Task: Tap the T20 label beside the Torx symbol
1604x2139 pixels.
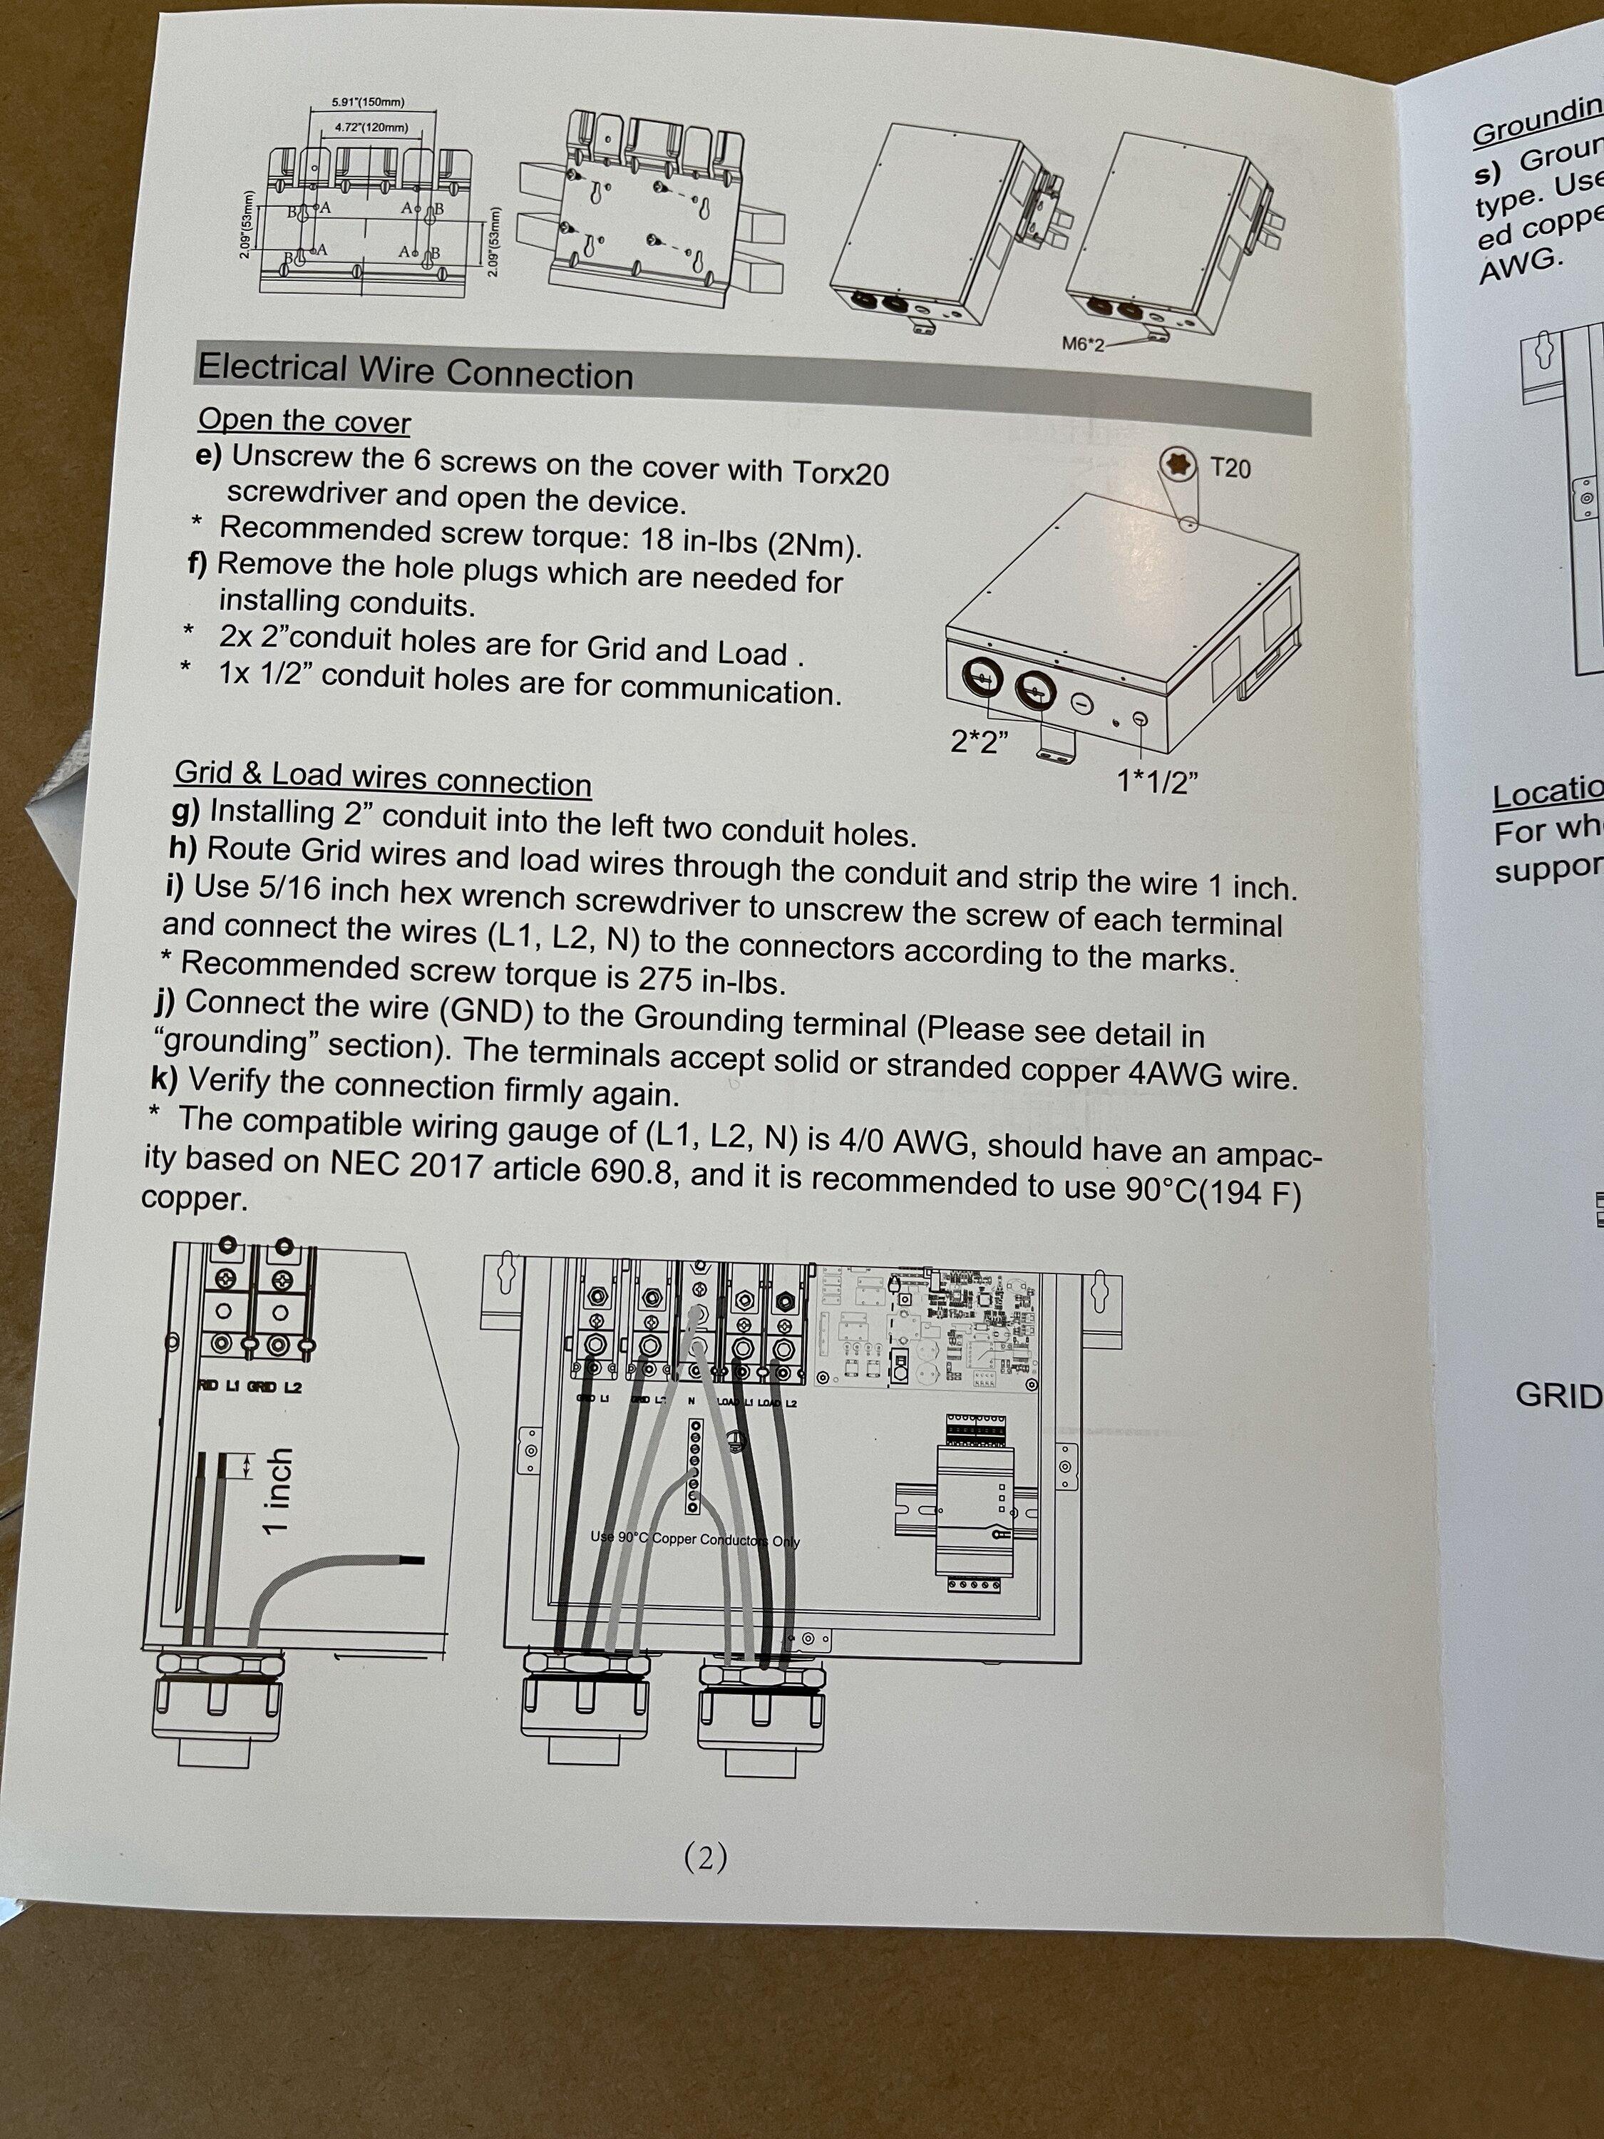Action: [1230, 469]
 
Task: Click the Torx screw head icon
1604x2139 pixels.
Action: [1175, 465]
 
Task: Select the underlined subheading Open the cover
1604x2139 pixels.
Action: [304, 421]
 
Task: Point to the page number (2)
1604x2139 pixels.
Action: [705, 1857]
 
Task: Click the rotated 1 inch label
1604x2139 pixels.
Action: [277, 1490]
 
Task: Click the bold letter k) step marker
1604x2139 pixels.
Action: [165, 1077]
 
